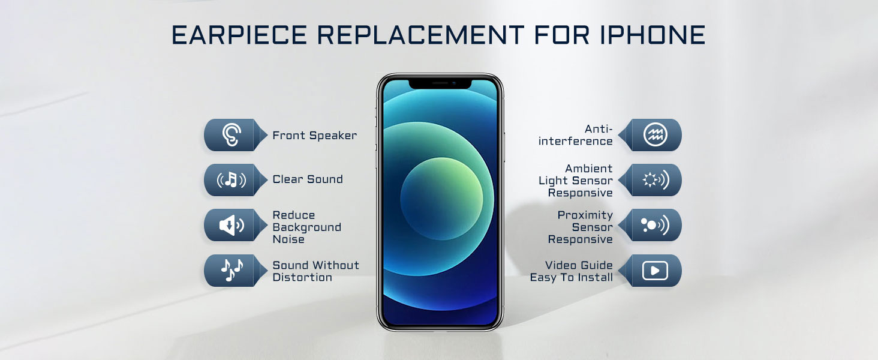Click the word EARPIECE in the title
coord(239,35)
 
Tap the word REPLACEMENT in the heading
coord(420,35)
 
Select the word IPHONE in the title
coord(653,35)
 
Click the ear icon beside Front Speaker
coord(231,135)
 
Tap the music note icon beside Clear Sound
coord(231,180)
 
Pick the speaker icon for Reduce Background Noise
coord(231,225)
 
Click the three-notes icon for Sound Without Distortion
coord(231,270)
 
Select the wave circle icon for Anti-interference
coord(655,135)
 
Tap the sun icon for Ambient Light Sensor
coord(656,180)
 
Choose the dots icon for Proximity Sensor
coord(654,225)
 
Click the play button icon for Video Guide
coord(655,271)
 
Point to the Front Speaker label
coord(314,135)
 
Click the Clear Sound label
coord(308,179)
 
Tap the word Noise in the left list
coord(288,239)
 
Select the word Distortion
coord(302,277)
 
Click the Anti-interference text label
coord(575,135)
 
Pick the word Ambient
coord(589,168)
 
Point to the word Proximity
coord(585,215)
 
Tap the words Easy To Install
coord(571,277)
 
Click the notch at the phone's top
coord(440,83)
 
